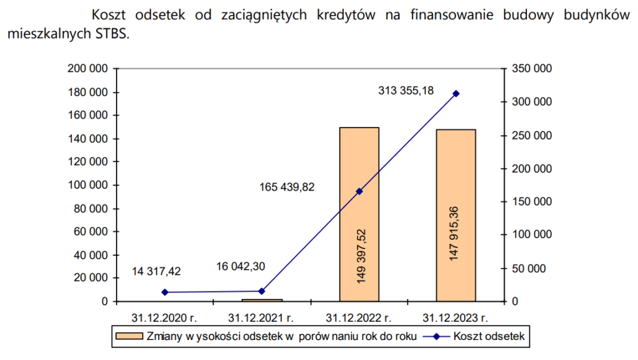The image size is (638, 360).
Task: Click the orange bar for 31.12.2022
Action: (359, 162)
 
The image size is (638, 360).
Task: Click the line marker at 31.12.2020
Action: (165, 292)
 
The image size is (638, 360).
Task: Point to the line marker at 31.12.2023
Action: (456, 93)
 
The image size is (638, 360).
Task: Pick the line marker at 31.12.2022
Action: (359, 191)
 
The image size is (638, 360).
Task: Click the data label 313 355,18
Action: (406, 91)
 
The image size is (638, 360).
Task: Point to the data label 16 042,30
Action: (240, 266)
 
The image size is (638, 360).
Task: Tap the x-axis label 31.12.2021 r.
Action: (262, 317)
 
